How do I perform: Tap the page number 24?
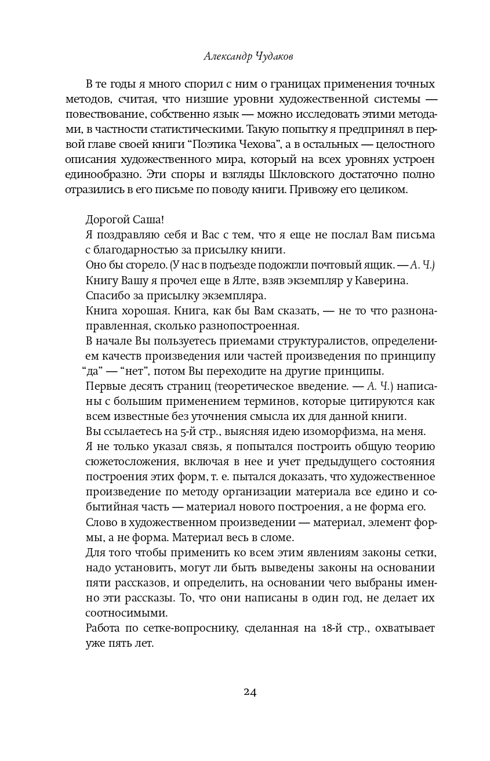pyautogui.click(x=250, y=691)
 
